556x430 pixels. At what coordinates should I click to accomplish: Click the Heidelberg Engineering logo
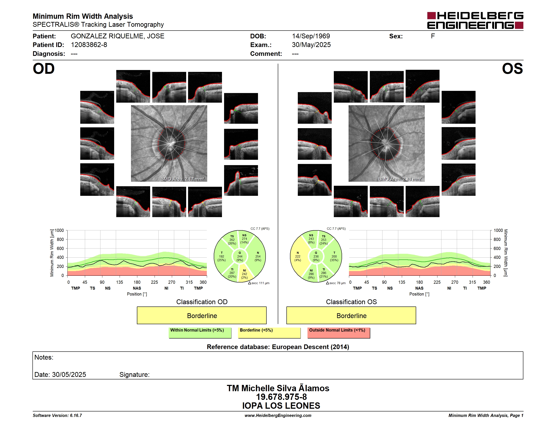tap(475, 20)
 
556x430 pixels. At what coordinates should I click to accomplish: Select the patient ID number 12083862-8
tap(89, 45)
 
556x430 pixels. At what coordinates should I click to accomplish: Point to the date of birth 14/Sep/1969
tap(311, 36)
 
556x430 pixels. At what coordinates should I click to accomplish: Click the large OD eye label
tap(44, 69)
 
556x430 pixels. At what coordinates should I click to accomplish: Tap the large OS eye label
tap(512, 69)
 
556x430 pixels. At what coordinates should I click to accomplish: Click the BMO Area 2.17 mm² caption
tap(182, 179)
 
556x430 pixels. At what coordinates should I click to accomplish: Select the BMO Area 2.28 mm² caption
tap(400, 179)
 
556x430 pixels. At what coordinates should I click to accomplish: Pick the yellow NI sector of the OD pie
tap(245, 274)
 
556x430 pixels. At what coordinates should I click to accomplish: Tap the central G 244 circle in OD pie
tap(239, 257)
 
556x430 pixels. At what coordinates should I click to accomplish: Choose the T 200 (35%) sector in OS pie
tap(334, 256)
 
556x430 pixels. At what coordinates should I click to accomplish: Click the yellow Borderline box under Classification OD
tap(202, 315)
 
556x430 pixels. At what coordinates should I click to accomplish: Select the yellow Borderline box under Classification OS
tap(351, 315)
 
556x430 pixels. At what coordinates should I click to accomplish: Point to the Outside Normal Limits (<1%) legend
tap(339, 333)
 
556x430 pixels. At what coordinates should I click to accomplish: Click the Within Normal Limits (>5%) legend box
tap(200, 333)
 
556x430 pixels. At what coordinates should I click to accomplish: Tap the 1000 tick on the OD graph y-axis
tap(59, 230)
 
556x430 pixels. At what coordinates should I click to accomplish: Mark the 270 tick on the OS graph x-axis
tap(455, 282)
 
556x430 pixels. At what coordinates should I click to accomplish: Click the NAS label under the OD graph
tap(137, 288)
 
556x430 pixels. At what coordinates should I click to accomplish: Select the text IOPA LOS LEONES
tap(281, 406)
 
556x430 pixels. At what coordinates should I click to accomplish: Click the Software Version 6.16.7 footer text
tap(57, 415)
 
